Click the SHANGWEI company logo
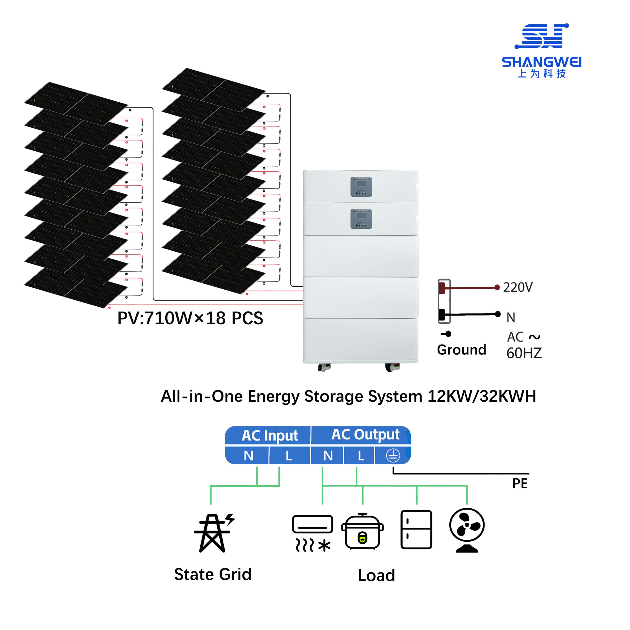(x=541, y=50)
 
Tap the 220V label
(x=518, y=287)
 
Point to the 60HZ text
(x=524, y=353)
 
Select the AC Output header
(x=365, y=435)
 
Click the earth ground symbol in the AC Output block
(x=393, y=456)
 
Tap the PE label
(x=520, y=484)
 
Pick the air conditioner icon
(x=312, y=534)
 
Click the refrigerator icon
(x=416, y=530)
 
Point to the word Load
(x=376, y=575)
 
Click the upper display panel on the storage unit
(x=361, y=187)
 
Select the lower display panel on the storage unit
(x=361, y=219)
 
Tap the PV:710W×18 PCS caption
(x=190, y=318)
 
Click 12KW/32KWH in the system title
(x=482, y=396)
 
